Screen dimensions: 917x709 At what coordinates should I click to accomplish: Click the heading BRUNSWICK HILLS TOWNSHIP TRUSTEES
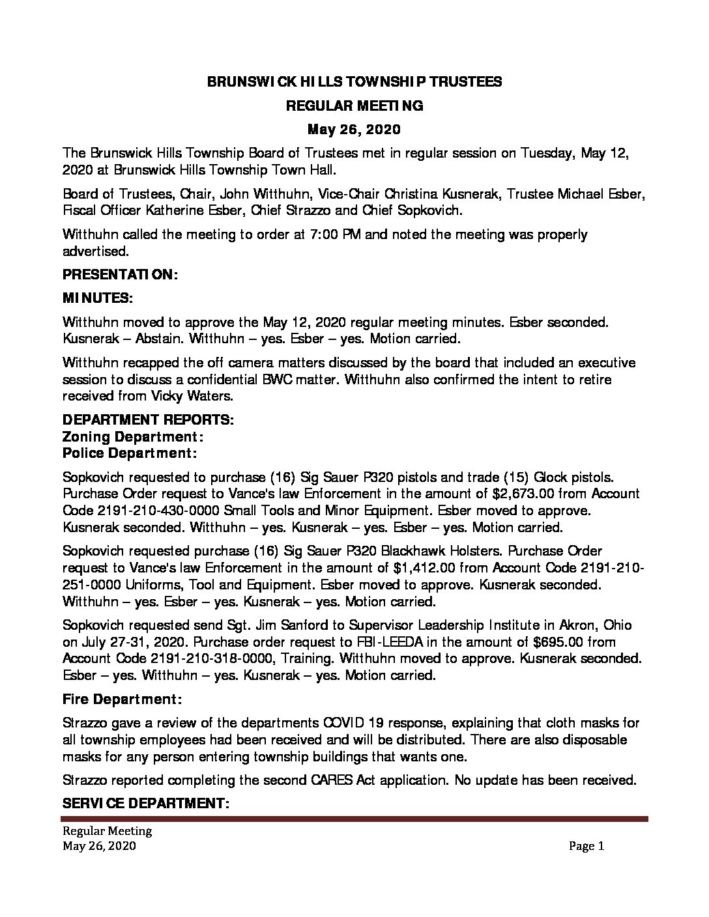[354, 81]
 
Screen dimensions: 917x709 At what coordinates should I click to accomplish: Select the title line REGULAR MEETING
[354, 106]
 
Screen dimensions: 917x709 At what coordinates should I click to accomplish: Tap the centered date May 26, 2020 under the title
[354, 130]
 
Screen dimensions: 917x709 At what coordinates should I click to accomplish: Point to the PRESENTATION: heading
[120, 275]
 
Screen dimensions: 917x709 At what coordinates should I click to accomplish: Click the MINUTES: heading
[97, 298]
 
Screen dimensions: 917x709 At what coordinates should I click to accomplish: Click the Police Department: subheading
[130, 453]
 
